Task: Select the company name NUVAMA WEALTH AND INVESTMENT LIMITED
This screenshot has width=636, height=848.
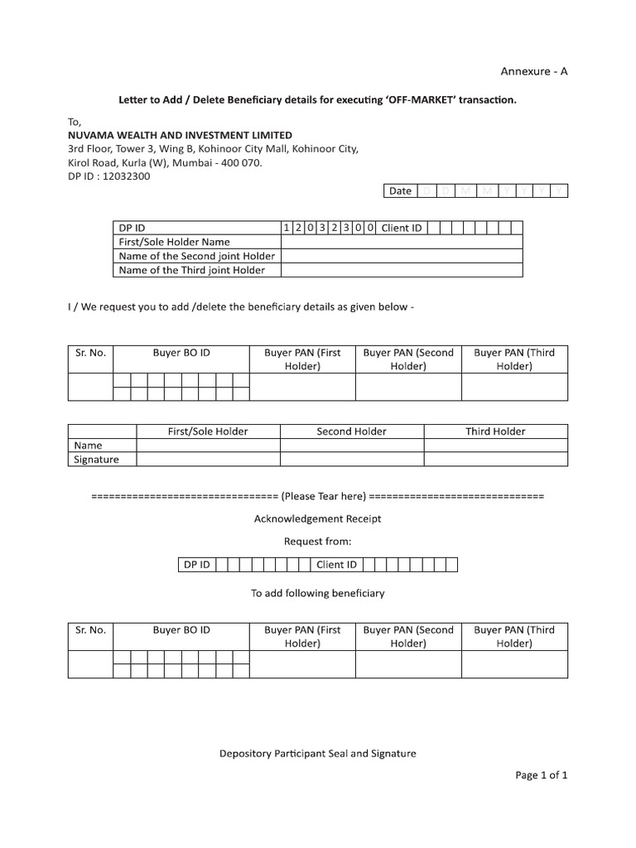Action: point(180,134)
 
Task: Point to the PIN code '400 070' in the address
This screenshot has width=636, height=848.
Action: point(243,162)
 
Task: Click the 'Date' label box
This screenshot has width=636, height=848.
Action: point(401,190)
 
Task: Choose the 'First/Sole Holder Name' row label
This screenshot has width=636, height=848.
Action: point(174,242)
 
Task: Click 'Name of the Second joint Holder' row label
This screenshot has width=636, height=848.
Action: point(196,256)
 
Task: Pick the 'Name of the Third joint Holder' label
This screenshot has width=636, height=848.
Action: point(191,270)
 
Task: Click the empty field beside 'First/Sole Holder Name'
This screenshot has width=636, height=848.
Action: point(402,242)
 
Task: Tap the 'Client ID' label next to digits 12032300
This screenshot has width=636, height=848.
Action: point(402,228)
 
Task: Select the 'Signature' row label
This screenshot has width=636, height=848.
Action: point(97,460)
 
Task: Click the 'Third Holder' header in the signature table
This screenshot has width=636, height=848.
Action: point(495,431)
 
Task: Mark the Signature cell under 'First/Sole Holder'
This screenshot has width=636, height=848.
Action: point(208,460)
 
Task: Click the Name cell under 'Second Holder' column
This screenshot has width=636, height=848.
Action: point(352,446)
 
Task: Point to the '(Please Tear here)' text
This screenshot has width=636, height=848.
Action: point(323,496)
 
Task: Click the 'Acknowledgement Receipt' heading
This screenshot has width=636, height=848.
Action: point(317,518)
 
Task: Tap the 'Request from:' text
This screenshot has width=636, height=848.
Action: point(317,542)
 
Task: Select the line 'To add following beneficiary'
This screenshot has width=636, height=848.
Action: point(317,593)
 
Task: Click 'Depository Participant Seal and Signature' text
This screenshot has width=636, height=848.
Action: point(317,754)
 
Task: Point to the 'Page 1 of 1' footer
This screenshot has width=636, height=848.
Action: point(541,776)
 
